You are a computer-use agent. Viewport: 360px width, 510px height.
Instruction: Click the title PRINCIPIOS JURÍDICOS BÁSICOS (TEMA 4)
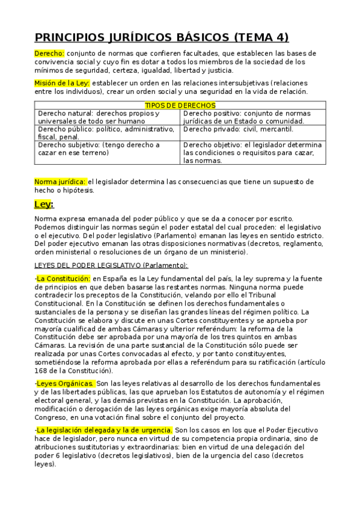pos(162,37)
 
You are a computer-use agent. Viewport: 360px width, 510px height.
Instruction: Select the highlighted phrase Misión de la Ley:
pos(62,83)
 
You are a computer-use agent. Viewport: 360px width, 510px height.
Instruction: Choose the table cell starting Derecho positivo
pos(252,117)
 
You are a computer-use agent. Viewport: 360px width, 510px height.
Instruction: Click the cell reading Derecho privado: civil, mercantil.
pos(238,129)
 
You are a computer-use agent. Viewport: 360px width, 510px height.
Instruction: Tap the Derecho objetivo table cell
pos(252,153)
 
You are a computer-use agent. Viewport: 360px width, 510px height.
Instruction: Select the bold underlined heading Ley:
pos(44,204)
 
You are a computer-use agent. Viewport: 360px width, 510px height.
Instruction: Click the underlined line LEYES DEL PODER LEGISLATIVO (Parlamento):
pos(111,265)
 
